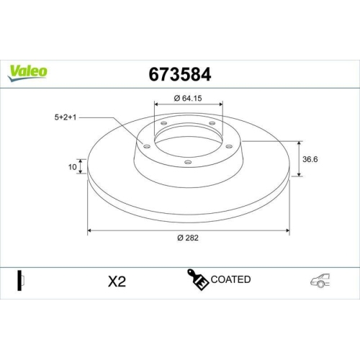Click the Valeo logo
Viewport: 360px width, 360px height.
click(28, 71)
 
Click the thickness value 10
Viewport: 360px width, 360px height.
click(72, 167)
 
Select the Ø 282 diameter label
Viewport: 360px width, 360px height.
click(188, 240)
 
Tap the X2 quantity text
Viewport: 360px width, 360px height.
click(116, 282)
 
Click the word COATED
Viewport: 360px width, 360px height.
click(231, 279)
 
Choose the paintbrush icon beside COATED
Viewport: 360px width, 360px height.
click(198, 280)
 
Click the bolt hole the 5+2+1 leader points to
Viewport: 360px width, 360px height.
click(148, 147)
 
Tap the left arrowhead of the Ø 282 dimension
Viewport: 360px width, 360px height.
click(89, 231)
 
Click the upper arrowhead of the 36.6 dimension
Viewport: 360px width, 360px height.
click(299, 143)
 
